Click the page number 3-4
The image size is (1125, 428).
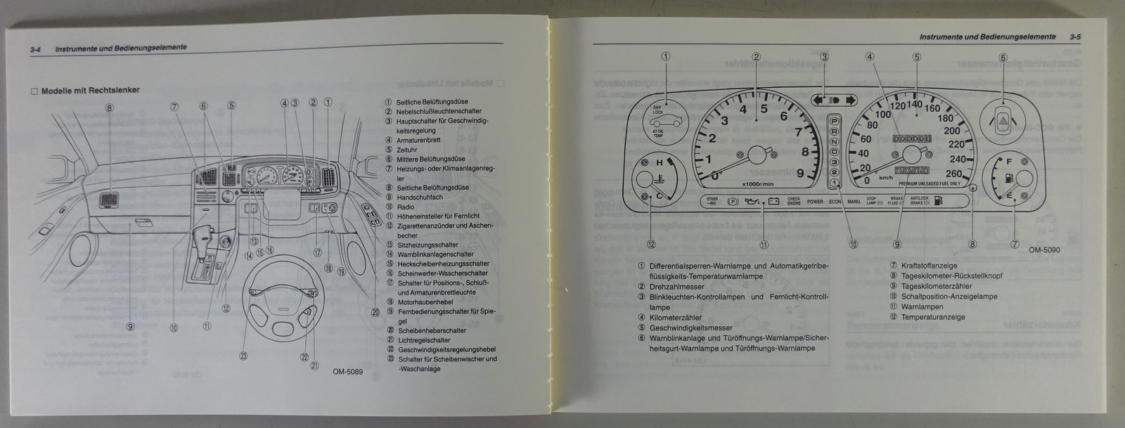(37, 48)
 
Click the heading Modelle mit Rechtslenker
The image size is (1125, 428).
(90, 91)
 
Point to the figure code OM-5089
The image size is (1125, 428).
(347, 372)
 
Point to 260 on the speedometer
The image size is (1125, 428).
(953, 174)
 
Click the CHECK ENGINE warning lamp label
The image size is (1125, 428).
(794, 201)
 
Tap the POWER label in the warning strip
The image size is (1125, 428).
(815, 202)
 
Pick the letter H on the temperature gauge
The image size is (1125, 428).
(660, 163)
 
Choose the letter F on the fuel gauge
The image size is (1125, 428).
(1009, 162)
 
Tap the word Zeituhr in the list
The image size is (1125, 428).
(406, 150)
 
